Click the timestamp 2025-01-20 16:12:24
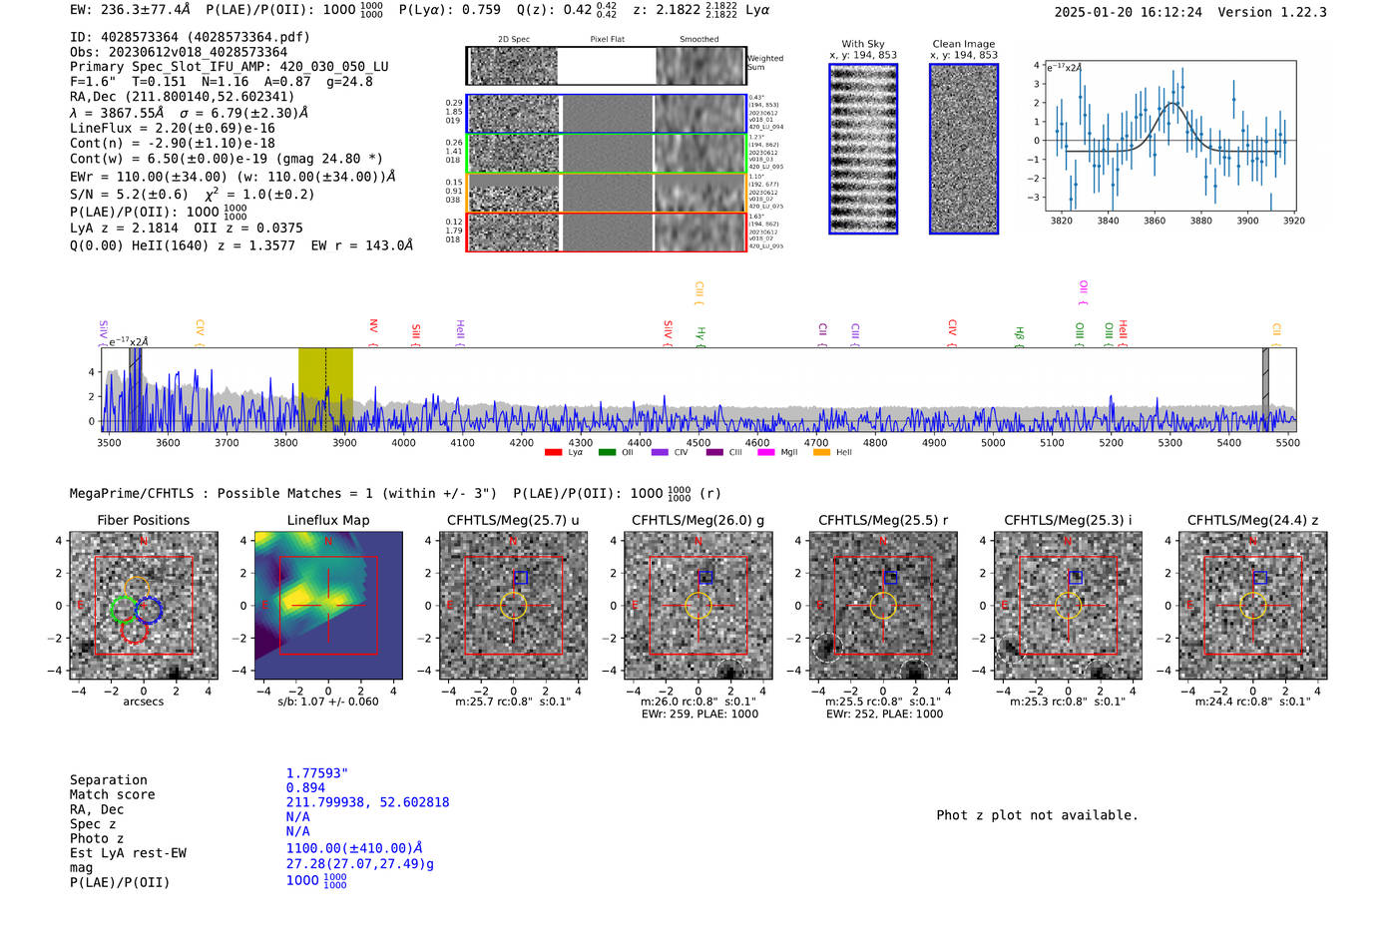click(1128, 12)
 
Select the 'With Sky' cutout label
click(863, 44)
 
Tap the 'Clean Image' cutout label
click(963, 44)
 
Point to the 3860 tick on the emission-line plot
click(1155, 221)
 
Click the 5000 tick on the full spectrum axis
click(993, 442)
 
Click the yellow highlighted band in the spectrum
click(325, 389)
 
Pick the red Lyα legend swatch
click(553, 453)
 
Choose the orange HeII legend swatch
click(821, 453)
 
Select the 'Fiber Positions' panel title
click(143, 520)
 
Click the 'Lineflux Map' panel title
click(328, 520)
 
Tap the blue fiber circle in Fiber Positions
click(150, 609)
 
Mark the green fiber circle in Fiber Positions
click(124, 608)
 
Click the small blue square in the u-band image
click(520, 578)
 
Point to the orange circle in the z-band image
click(1253, 606)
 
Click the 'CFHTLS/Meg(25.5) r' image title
click(884, 520)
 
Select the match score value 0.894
click(305, 787)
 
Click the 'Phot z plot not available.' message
click(1037, 815)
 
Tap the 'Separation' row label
click(109, 780)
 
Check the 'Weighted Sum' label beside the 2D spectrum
click(765, 63)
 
